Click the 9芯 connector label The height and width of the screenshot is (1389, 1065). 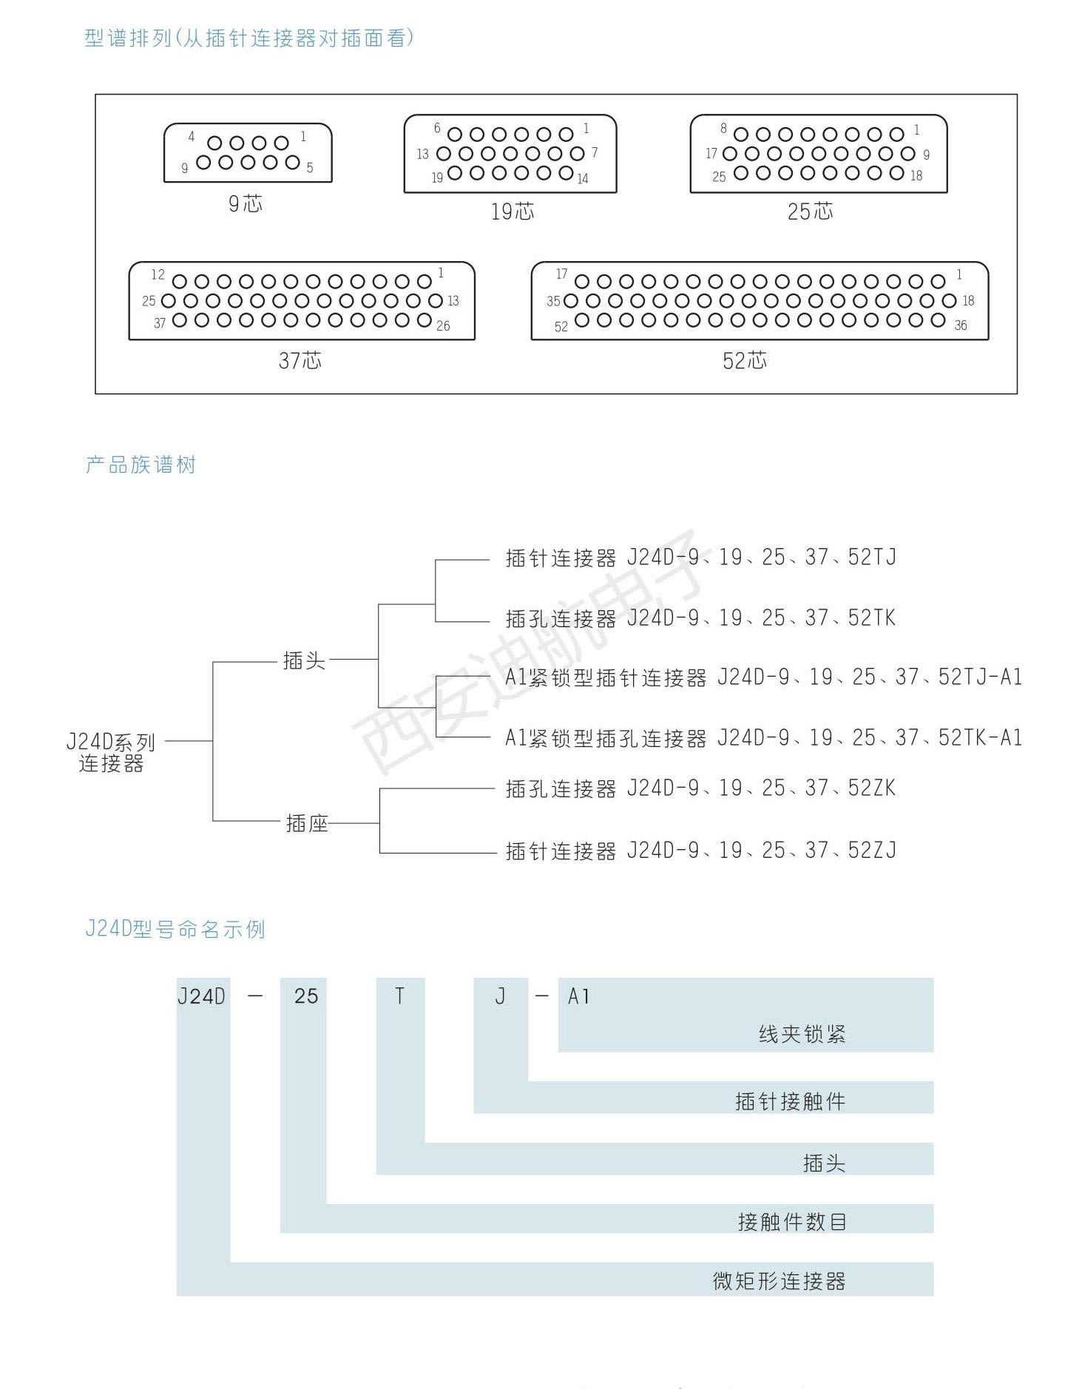[x=246, y=203]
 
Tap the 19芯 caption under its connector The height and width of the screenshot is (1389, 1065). [x=513, y=212]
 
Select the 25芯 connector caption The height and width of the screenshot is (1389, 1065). [x=810, y=212]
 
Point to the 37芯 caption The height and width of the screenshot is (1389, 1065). [x=300, y=360]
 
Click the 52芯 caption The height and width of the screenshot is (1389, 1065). [x=745, y=360]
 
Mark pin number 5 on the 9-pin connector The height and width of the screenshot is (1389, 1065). [x=310, y=168]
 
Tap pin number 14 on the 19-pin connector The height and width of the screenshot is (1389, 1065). [x=583, y=178]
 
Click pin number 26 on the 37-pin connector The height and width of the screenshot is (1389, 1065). [x=443, y=325]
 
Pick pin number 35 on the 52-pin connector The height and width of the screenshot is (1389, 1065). [x=553, y=301]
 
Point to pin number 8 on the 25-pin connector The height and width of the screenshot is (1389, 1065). [x=723, y=129]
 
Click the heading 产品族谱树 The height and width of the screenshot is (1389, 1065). [x=141, y=464]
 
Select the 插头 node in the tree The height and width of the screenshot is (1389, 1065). [x=304, y=660]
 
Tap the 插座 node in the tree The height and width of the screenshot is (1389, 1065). [x=307, y=822]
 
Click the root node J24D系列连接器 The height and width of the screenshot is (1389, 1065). [x=111, y=752]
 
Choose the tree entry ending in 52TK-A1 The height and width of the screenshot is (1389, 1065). [x=763, y=737]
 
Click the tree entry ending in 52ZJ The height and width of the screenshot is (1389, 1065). [x=700, y=851]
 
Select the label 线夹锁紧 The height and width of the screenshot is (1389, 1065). [x=802, y=1034]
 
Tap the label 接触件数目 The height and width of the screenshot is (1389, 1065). [x=792, y=1221]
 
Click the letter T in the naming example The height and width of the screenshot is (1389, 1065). [x=399, y=996]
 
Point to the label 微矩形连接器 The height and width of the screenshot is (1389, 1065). [x=779, y=1281]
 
